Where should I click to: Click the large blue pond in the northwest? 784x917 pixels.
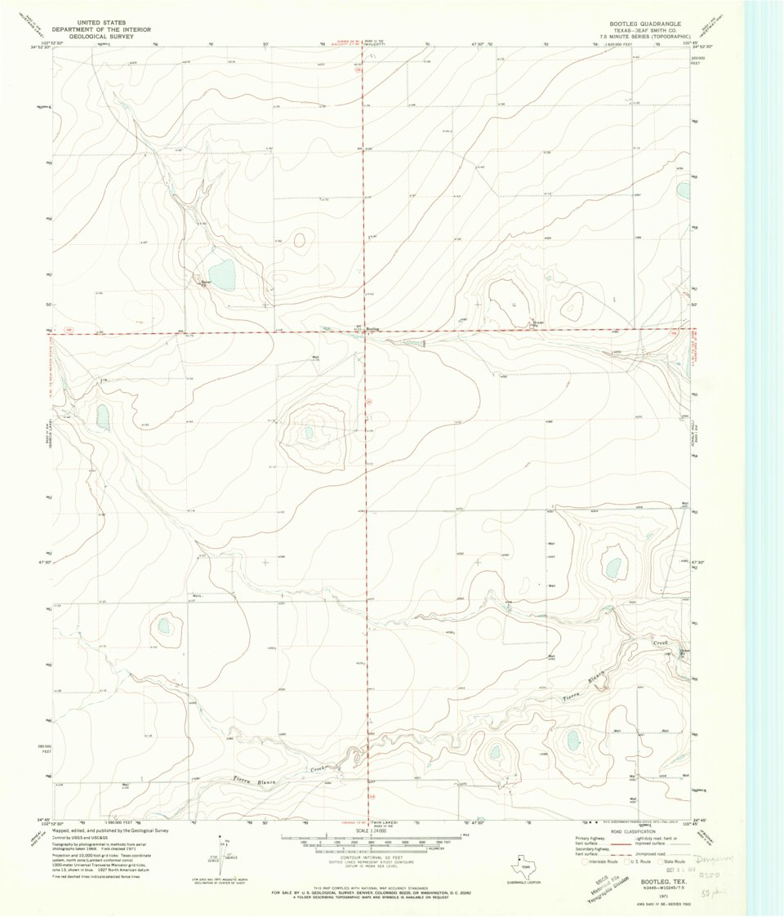pos(221,271)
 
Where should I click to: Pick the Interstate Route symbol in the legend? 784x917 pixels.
pos(582,861)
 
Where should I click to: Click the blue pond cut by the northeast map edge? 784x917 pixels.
pos(683,191)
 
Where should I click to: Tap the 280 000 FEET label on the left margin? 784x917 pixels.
pos(46,748)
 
